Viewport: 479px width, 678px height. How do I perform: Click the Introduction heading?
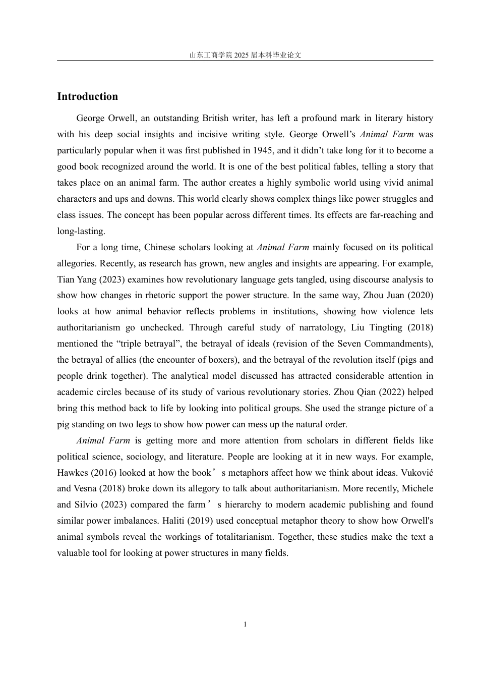[87, 96]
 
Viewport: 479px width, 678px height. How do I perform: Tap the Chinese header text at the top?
[245, 55]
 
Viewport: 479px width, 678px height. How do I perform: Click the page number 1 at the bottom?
[245, 625]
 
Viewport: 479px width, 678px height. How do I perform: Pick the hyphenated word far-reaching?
[391, 215]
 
